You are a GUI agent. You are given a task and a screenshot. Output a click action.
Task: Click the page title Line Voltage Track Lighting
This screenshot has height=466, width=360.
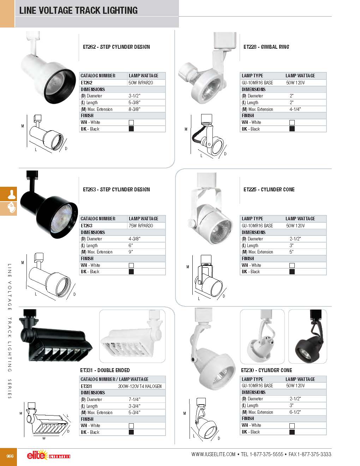[x=78, y=10]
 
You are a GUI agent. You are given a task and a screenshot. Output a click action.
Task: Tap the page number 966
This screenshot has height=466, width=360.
[x=10, y=456]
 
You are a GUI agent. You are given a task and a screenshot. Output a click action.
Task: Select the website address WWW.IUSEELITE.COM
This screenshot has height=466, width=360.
[x=213, y=454]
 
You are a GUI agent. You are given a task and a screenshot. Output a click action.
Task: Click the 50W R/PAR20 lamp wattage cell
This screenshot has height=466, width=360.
[x=141, y=83]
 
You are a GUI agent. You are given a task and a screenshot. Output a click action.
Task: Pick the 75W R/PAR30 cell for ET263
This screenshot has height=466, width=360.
[x=141, y=226]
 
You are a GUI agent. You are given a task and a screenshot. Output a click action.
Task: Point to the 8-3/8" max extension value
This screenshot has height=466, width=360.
[x=135, y=109]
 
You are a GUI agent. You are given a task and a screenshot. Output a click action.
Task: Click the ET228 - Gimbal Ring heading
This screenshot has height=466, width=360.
[x=266, y=47]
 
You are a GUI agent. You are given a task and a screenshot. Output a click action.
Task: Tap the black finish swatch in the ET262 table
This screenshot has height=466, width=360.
[x=131, y=129]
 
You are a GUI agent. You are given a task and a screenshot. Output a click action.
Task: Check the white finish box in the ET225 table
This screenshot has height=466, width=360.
[x=292, y=265]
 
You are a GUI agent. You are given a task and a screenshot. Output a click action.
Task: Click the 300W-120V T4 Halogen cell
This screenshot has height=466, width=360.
[x=140, y=386]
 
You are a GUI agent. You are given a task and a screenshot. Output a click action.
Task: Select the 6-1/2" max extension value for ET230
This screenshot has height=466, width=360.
[x=295, y=412]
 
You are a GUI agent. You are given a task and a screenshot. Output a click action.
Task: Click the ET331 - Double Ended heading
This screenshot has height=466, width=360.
[x=105, y=370]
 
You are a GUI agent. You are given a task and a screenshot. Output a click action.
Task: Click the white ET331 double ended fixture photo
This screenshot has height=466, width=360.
[x=132, y=336]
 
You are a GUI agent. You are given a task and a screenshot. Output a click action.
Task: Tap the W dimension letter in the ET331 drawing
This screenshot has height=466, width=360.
[x=44, y=439]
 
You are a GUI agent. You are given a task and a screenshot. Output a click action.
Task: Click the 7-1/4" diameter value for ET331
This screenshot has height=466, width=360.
[x=134, y=399]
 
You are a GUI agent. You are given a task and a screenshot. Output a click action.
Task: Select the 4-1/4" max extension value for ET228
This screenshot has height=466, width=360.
[x=295, y=109]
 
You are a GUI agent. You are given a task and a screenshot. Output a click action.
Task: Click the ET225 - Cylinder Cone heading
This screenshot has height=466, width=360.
[x=269, y=190]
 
